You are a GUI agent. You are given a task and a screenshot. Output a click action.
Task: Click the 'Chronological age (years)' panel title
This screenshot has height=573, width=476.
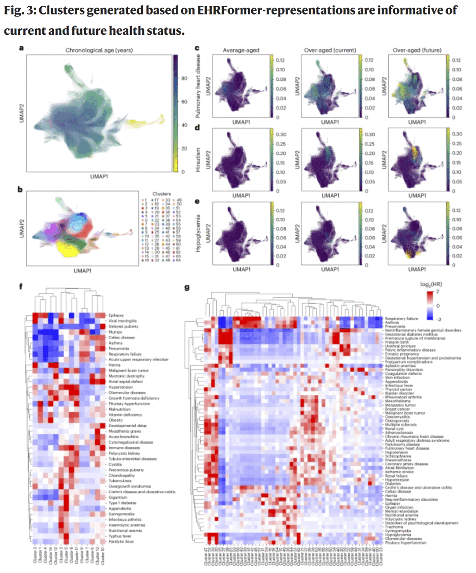pos(99,50)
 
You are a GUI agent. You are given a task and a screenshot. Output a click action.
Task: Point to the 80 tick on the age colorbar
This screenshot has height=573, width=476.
pos(184,78)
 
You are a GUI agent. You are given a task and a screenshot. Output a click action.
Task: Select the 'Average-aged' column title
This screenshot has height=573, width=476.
pos(241,50)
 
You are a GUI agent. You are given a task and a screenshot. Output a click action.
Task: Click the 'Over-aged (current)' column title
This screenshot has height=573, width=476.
pos(330,50)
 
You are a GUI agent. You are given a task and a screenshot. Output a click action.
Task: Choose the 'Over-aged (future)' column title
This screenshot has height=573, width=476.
pos(417,50)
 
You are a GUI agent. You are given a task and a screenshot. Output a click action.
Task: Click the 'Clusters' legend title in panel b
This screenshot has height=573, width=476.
pos(161,194)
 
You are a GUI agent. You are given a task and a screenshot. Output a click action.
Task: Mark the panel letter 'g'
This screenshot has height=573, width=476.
pos(187,287)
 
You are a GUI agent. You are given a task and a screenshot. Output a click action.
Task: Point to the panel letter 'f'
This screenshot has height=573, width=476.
pos(21,286)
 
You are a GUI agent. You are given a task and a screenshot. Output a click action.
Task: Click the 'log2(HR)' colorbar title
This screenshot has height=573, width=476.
pos(431,284)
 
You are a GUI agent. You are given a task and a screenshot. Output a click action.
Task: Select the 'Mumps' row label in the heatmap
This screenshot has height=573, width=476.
pos(115,332)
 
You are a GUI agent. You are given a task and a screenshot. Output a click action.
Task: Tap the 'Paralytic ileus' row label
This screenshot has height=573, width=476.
pos(121,541)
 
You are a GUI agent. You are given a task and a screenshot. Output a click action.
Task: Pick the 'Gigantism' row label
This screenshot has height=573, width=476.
pos(118,497)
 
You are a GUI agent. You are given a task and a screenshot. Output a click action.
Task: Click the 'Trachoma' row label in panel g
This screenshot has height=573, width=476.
pos(394,527)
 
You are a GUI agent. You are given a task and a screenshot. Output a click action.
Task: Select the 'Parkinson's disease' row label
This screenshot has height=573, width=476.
pos(402,444)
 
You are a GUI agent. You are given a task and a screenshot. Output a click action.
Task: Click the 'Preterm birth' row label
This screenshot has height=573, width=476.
pos(397,342)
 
